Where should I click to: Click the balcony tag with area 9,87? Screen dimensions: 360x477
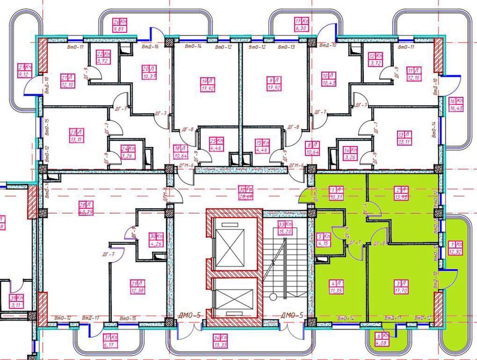(119, 26)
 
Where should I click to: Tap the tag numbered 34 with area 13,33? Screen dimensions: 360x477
(219, 340)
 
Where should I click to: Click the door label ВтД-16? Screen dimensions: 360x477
(149, 47)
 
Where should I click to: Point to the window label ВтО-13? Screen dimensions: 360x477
(285, 47)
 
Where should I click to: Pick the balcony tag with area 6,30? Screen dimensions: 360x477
(301, 25)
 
